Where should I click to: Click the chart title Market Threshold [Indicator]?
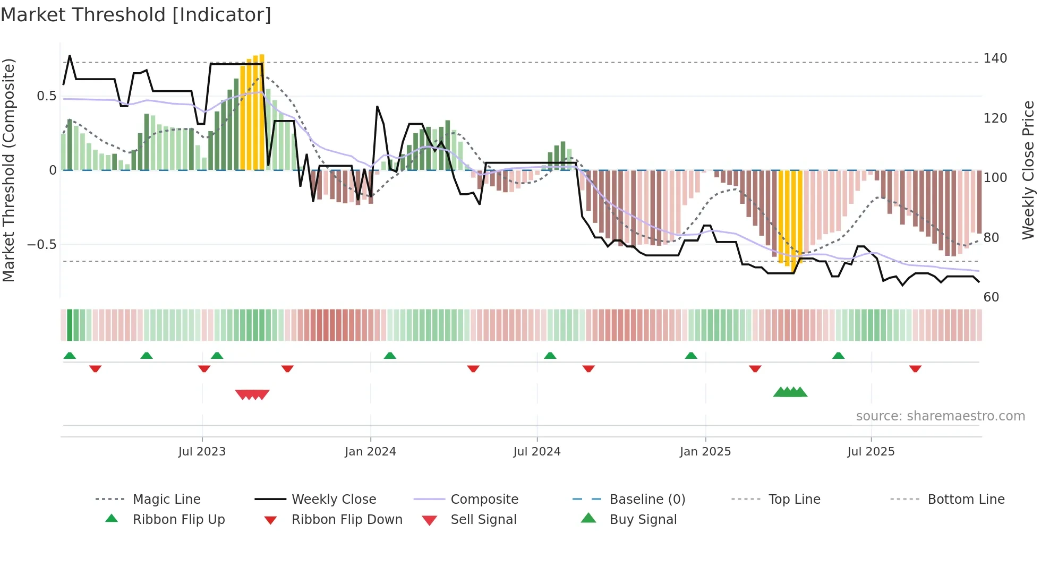tap(136, 15)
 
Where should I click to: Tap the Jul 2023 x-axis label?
tap(202, 452)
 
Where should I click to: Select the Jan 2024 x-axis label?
tap(370, 452)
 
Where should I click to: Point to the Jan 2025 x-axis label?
tap(705, 452)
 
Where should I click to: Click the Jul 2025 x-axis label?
tap(871, 452)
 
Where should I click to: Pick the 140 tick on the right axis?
tap(995, 58)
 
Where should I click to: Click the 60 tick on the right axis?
tap(991, 297)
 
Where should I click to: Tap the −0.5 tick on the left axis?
tap(41, 245)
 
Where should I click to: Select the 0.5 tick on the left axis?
tap(46, 96)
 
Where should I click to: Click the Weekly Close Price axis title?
tap(1029, 170)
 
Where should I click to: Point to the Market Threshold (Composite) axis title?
tap(8, 170)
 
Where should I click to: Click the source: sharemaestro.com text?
tap(940, 416)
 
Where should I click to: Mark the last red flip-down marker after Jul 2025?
tap(915, 368)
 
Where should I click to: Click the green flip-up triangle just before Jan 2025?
tap(691, 356)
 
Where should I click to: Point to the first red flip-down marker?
tap(95, 368)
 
